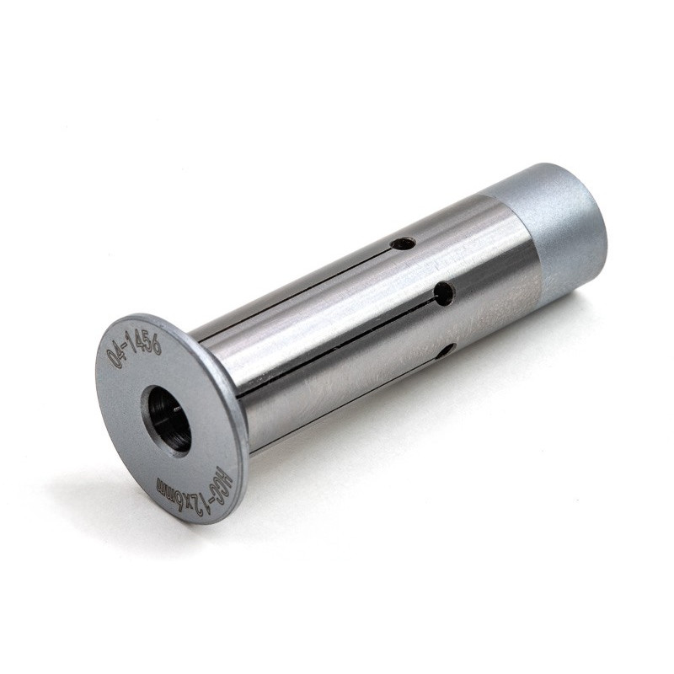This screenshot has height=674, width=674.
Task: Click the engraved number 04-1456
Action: (x=134, y=347)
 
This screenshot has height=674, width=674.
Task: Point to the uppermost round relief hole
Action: (x=404, y=244)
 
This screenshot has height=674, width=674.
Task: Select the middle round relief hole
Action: (x=445, y=294)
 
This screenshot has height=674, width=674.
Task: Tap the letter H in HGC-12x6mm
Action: (x=226, y=478)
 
